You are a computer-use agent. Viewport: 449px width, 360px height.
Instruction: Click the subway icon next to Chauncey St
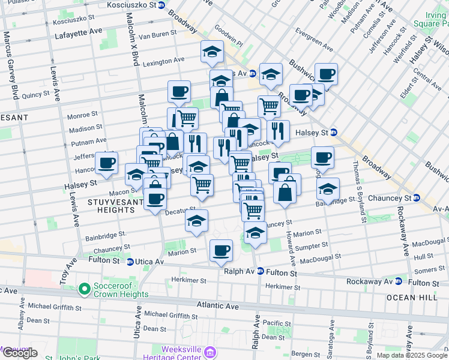416,198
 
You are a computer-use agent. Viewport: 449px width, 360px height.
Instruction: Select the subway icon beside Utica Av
130,262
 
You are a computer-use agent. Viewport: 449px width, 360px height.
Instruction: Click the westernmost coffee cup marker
107,163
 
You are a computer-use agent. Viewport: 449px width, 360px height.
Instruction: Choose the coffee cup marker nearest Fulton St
221,249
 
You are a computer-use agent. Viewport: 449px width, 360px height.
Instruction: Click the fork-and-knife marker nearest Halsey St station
278,130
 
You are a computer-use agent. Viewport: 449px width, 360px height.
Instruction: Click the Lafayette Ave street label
76,36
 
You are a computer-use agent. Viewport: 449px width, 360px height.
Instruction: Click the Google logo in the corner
20,353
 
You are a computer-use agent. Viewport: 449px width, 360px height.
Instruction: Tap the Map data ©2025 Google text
411,355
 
